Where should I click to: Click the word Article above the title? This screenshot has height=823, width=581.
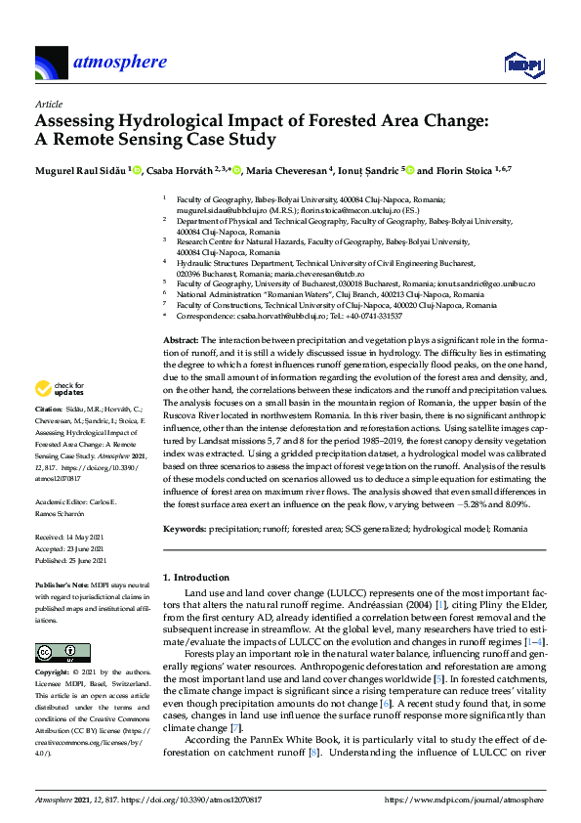pyautogui.click(x=48, y=104)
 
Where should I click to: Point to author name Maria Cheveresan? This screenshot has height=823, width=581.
pyautogui.click(x=290, y=169)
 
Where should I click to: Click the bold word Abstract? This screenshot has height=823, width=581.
pyautogui.click(x=180, y=337)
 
